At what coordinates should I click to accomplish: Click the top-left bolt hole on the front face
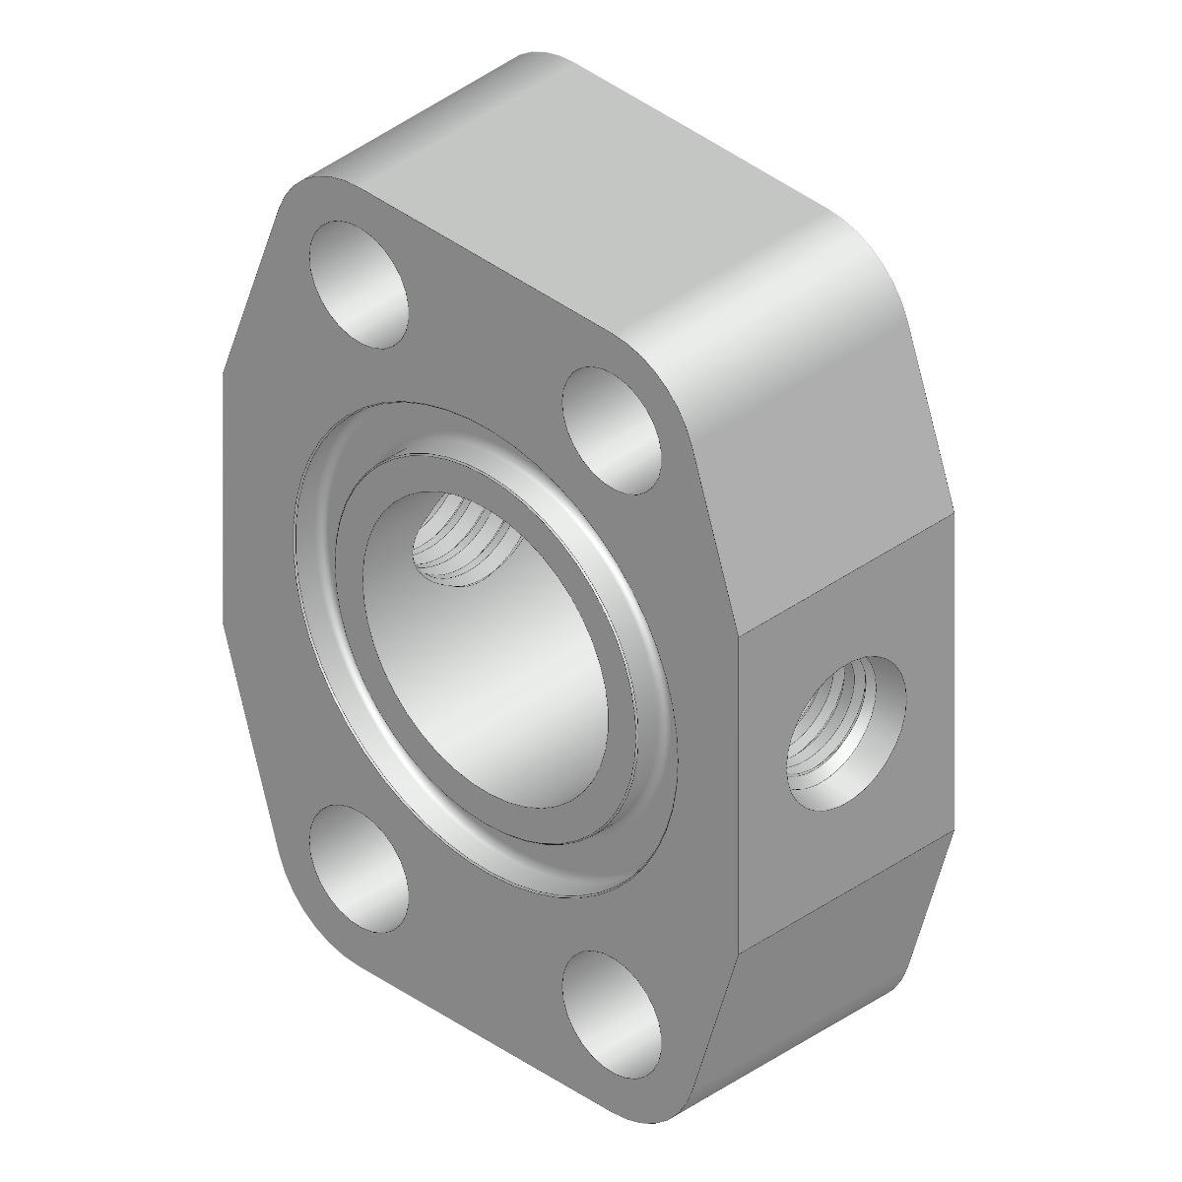(x=359, y=285)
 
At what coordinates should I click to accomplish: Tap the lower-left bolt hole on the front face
(x=359, y=869)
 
